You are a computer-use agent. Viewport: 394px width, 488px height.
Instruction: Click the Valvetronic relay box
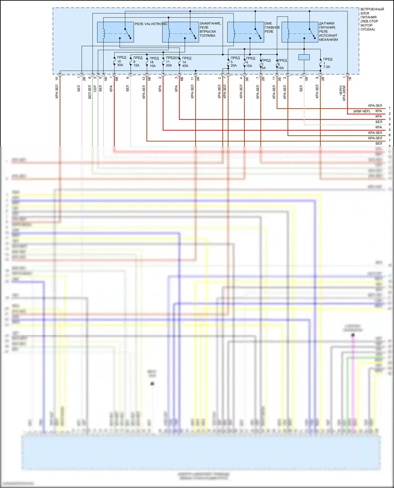coord(115,32)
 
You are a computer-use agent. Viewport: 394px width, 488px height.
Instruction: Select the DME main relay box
coord(245,32)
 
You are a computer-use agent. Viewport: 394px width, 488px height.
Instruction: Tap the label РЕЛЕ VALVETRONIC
coord(151,24)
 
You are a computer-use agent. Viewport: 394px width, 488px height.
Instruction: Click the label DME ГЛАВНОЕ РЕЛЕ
coord(272,27)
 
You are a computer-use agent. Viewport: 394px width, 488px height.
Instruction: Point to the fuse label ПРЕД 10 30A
coord(121,61)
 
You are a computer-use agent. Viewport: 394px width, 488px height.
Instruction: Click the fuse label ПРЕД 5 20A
coord(235,62)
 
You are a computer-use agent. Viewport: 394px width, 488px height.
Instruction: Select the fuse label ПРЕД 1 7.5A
coord(327,63)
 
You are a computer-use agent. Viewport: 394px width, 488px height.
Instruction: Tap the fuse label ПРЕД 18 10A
coord(154,62)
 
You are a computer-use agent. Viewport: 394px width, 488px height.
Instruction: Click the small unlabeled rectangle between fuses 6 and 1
coord(304,57)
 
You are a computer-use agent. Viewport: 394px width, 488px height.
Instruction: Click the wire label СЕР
coord(95,89)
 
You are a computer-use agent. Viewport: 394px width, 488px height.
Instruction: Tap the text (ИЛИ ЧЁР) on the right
coord(361,111)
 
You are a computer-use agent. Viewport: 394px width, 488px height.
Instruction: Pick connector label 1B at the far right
coord(350,78)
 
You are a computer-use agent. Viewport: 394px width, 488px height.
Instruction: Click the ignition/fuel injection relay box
coord(180,32)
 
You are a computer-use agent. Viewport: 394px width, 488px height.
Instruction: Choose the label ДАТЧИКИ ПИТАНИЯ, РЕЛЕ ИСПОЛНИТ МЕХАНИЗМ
coord(328,31)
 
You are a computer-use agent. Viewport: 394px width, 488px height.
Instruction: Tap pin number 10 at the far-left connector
coord(57,78)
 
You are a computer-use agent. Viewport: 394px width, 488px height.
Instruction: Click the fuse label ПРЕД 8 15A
coord(137,62)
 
